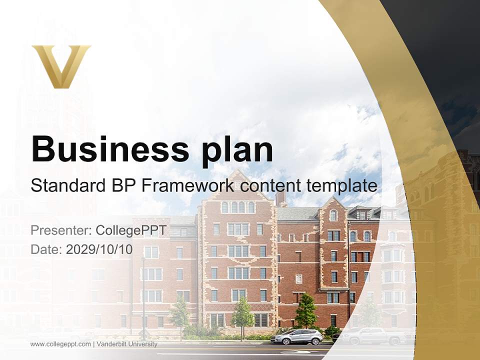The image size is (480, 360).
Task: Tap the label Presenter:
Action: [60, 230]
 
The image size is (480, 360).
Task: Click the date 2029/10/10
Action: [99, 249]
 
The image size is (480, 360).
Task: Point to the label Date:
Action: [46, 249]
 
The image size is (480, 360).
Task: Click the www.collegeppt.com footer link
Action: [60, 344]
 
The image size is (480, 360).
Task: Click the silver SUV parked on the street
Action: [296, 337]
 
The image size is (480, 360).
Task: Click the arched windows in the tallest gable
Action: [237, 207]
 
